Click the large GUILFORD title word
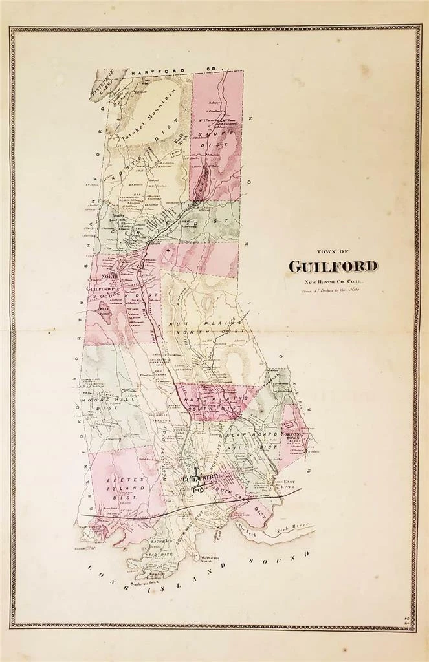click(333, 266)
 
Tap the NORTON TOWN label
click(294, 434)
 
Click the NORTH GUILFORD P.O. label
click(104, 285)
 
